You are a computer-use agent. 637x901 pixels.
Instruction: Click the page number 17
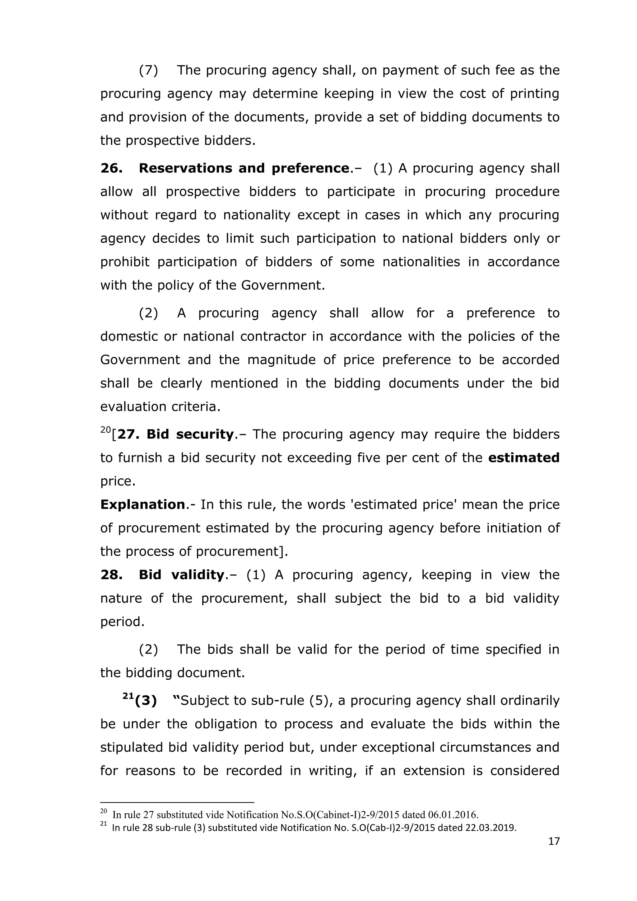[x=553, y=841]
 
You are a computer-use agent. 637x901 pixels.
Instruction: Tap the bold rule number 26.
[x=111, y=168]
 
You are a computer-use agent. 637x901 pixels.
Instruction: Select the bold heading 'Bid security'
[x=190, y=434]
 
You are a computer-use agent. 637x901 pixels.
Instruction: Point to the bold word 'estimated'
[x=524, y=458]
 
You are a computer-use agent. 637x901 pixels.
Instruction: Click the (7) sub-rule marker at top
[x=148, y=70]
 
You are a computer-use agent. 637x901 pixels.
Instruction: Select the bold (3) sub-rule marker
[x=146, y=701]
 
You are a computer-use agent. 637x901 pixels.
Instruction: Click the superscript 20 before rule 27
[x=105, y=430]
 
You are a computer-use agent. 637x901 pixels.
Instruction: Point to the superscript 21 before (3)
[x=128, y=696]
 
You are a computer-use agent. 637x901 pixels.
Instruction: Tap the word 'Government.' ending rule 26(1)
[x=283, y=285]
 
